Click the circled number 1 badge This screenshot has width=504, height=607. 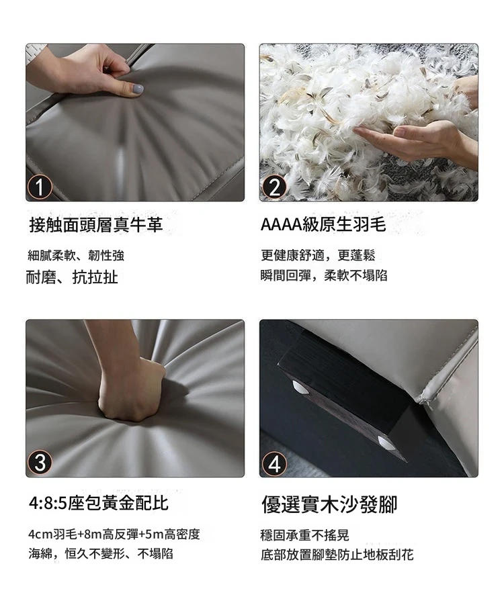pyautogui.click(x=40, y=187)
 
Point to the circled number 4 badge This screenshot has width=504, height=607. pyautogui.click(x=274, y=463)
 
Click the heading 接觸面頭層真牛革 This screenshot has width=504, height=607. pyautogui.click(x=96, y=225)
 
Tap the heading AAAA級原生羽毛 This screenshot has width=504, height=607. pyautogui.click(x=323, y=224)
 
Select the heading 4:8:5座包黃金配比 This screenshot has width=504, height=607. pyautogui.click(x=98, y=503)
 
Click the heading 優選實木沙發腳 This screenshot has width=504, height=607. pyautogui.click(x=329, y=504)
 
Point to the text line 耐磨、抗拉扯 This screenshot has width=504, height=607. pyautogui.click(x=72, y=277)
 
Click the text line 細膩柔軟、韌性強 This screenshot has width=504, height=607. pyautogui.click(x=76, y=256)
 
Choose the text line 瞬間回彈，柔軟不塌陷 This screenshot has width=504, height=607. pyautogui.click(x=324, y=275)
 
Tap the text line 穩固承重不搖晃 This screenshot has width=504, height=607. pyautogui.click(x=305, y=535)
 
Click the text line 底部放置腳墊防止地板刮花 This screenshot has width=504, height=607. pyautogui.click(x=337, y=555)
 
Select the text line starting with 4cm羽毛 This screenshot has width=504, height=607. pyautogui.click(x=114, y=534)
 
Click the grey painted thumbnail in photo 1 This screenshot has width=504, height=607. pyautogui.click(x=138, y=89)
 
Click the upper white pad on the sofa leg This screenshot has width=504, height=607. pyautogui.click(x=300, y=387)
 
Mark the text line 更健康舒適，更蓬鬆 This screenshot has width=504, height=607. pyautogui.click(x=318, y=255)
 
